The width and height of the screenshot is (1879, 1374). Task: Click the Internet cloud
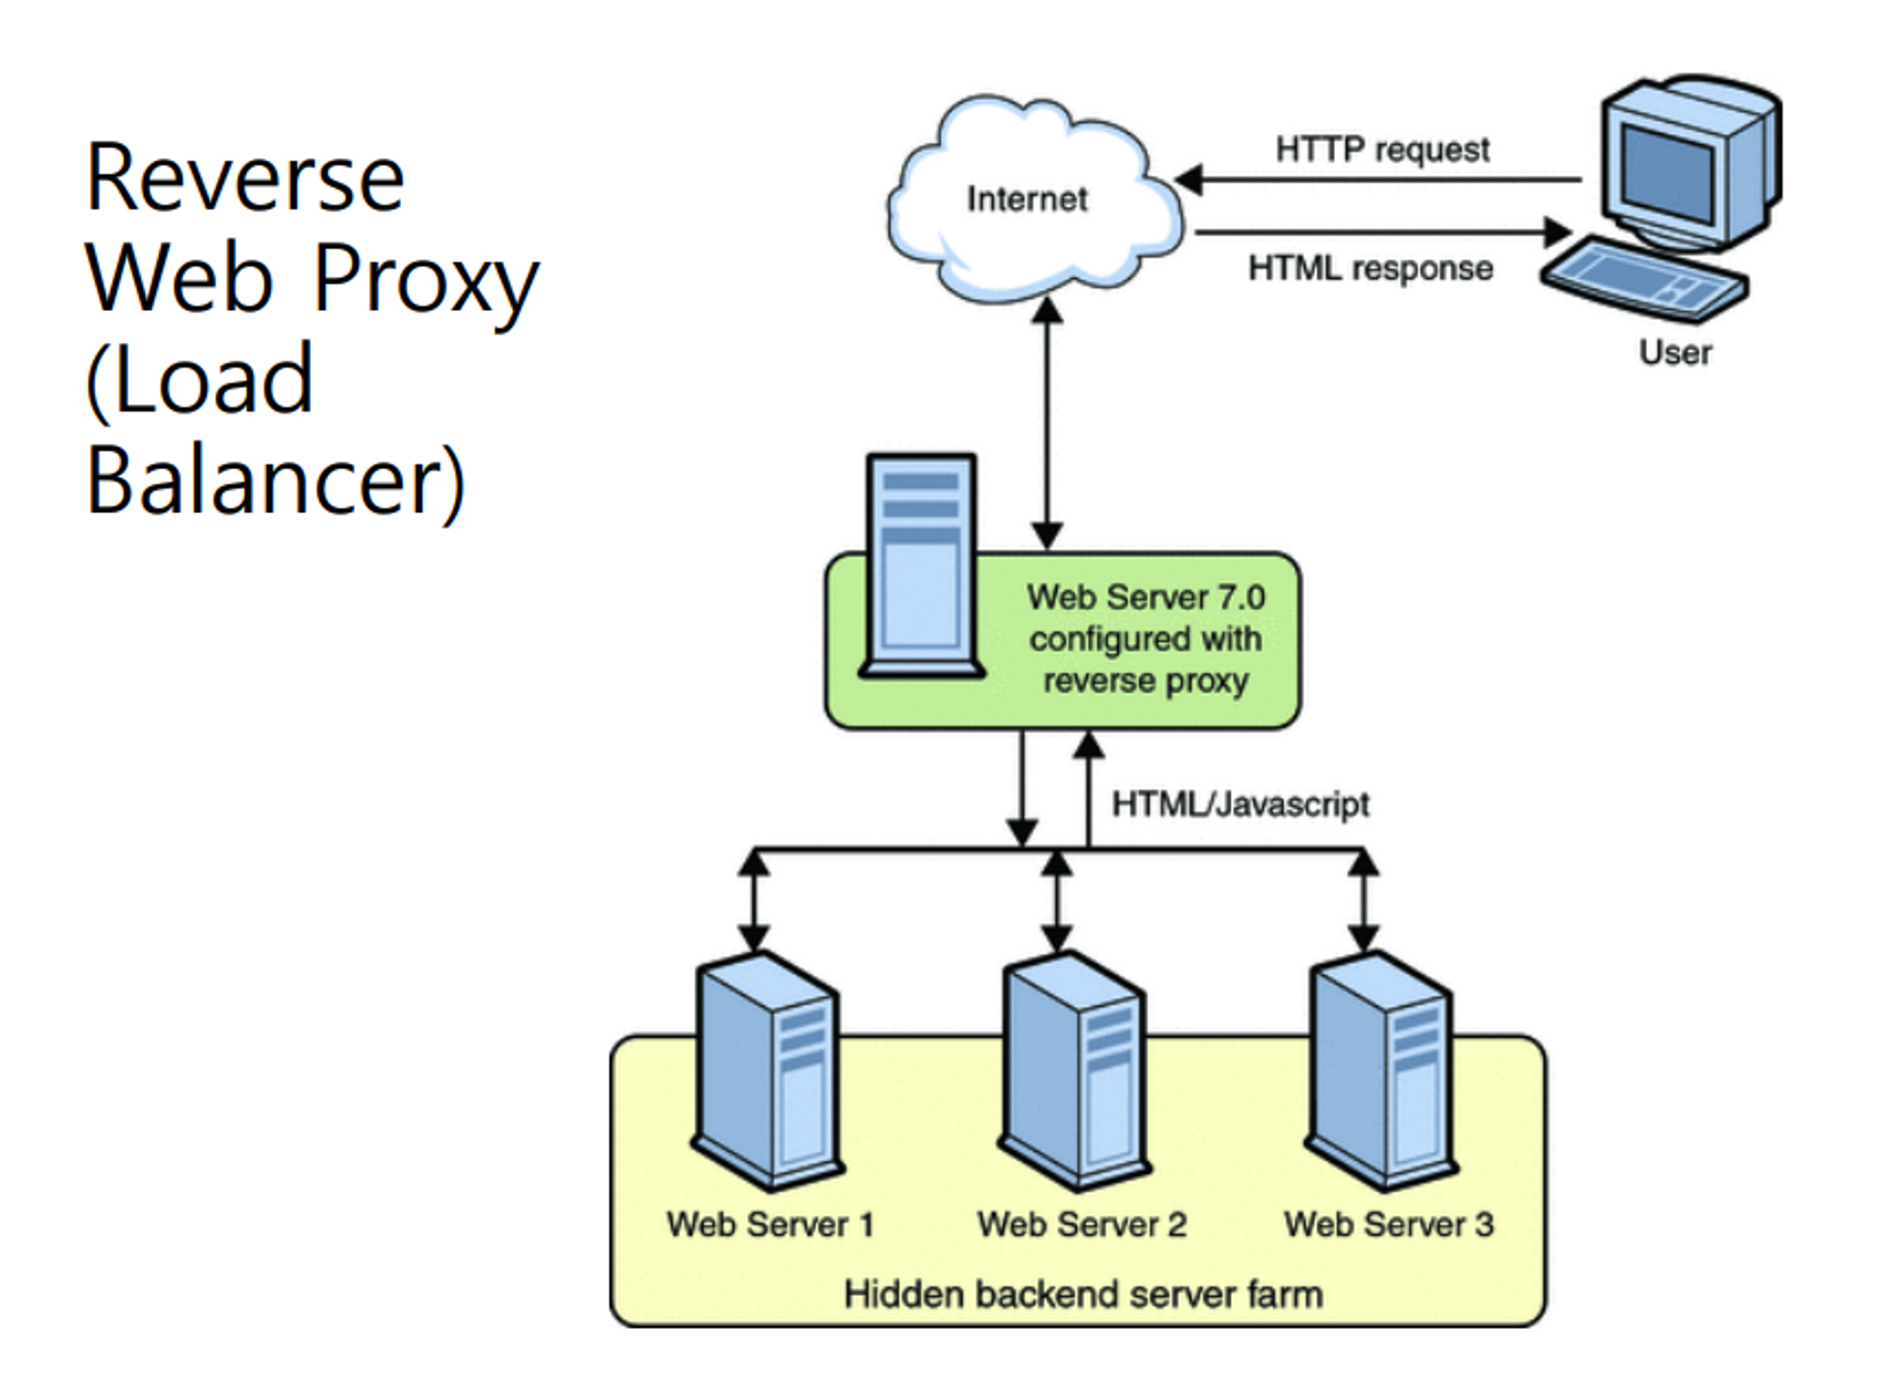tap(1033, 199)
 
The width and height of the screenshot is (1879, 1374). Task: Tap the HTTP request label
tap(1382, 149)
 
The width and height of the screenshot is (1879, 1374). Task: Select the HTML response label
tap(1370, 269)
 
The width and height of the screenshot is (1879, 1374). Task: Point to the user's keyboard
tap(1644, 280)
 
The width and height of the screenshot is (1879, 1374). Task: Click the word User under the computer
tap(1675, 352)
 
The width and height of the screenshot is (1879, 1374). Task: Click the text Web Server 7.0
tap(1145, 598)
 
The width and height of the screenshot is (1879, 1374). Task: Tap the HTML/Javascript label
tap(1240, 804)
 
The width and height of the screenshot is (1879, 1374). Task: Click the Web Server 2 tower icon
tap(1074, 1071)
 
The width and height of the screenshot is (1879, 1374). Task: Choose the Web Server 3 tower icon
tap(1380, 1071)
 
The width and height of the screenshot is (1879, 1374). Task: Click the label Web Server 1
tap(770, 1225)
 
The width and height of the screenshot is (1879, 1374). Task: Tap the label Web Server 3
tap(1389, 1225)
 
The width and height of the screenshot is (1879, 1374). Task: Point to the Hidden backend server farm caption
tap(1083, 1294)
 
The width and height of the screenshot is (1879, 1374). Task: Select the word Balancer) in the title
tap(275, 481)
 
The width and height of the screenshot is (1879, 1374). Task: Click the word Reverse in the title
tap(245, 178)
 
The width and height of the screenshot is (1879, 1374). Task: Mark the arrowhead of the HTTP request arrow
tap(1189, 180)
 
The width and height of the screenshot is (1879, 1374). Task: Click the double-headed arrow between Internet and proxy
tap(1048, 423)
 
